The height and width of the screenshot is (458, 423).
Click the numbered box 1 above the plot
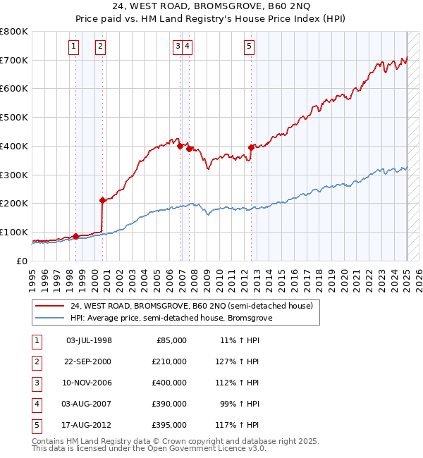coord(75,47)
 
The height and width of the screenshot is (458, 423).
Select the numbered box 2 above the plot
coord(100,47)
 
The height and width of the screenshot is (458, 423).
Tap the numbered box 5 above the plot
coord(250,47)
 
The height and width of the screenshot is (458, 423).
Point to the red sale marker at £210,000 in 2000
coord(103,200)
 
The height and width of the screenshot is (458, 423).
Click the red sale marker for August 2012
coord(251,147)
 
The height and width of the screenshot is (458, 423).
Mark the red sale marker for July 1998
coord(75,236)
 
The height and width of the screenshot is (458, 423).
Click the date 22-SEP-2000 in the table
coord(88,361)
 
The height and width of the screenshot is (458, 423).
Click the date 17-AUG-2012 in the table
coord(88,425)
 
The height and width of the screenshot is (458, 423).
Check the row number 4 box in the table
coord(37,404)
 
